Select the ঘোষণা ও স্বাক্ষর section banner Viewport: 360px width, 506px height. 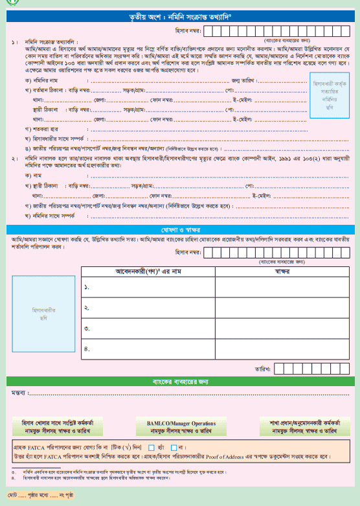(x=180, y=230)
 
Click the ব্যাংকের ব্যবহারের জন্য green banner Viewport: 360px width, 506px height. (x=180, y=382)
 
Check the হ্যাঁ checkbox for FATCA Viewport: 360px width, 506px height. (x=152, y=447)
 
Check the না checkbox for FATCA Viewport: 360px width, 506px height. (x=174, y=447)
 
